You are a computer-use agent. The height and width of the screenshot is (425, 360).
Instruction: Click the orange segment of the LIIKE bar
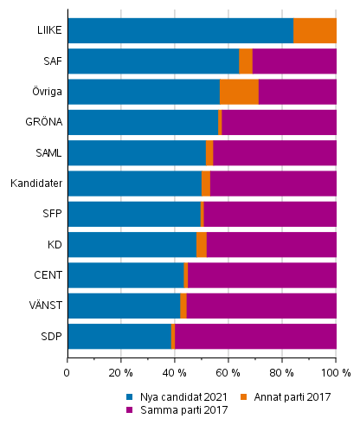click(x=314, y=30)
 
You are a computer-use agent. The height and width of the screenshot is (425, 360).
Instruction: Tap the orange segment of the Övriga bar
click(x=239, y=92)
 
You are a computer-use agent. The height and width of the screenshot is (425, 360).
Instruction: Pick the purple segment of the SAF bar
click(x=293, y=61)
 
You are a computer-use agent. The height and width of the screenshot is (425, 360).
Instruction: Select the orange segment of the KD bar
click(x=202, y=245)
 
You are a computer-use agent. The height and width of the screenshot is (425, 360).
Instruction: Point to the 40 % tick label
click(x=174, y=373)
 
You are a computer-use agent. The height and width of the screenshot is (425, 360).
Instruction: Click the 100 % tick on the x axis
click(x=335, y=373)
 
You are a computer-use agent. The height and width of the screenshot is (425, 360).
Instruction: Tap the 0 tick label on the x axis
click(x=67, y=373)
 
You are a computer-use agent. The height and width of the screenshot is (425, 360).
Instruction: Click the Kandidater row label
click(x=35, y=184)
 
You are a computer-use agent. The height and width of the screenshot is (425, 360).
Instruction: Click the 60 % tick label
click(x=228, y=373)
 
